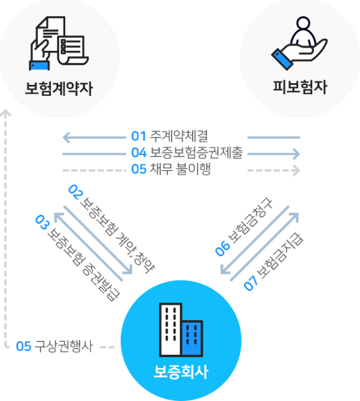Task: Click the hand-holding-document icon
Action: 59,43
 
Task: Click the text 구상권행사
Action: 63,346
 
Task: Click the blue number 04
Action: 139,154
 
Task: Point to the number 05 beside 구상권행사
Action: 23,346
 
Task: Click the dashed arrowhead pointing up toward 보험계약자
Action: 6,113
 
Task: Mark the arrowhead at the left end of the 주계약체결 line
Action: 66,138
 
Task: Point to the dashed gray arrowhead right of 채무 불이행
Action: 296,171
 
